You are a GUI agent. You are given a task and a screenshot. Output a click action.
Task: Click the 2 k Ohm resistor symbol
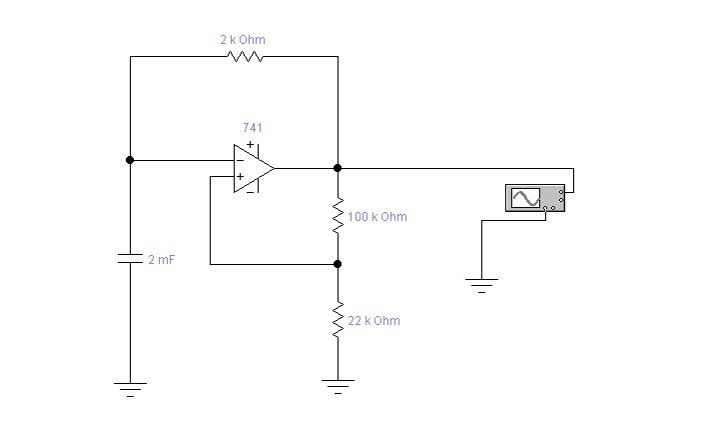(245, 56)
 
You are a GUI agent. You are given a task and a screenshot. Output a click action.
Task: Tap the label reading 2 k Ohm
(243, 40)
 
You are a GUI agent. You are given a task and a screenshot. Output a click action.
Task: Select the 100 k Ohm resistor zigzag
(338, 216)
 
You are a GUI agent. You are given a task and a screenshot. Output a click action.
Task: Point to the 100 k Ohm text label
(377, 216)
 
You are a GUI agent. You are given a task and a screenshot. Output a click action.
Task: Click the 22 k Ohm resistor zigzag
(338, 320)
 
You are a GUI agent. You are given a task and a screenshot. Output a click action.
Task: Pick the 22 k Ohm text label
(374, 321)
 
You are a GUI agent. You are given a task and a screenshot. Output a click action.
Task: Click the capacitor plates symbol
(130, 259)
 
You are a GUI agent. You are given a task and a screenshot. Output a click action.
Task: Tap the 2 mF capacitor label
(162, 260)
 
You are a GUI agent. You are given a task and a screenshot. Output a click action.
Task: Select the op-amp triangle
(254, 168)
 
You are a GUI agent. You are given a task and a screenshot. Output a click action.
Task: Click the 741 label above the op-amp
(253, 128)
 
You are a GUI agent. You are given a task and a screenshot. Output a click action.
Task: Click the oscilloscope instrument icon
(535, 198)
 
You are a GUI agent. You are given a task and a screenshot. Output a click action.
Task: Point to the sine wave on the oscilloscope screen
(525, 198)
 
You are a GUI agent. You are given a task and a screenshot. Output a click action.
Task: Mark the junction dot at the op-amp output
(338, 168)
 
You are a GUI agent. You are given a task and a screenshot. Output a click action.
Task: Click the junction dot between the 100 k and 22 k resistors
(338, 264)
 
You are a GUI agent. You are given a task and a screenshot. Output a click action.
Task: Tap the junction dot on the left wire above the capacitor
(130, 160)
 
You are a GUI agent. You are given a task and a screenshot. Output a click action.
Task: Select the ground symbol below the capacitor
(130, 390)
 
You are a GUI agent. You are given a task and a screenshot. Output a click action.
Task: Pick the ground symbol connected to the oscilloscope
(481, 286)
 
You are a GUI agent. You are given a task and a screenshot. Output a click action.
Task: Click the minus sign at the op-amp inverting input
(240, 160)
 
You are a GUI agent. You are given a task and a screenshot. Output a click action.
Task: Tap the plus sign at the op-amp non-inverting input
(240, 176)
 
